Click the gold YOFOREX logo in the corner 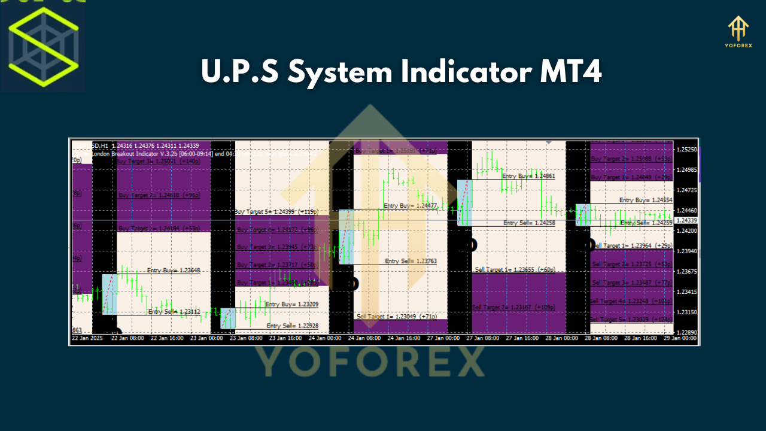click(x=738, y=33)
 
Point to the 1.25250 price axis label click(x=686, y=149)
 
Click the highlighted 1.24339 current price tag click(x=686, y=220)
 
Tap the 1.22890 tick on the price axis click(x=686, y=332)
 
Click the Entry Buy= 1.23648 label click(x=174, y=271)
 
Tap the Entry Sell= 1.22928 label click(x=293, y=326)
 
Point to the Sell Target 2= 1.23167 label click(x=513, y=307)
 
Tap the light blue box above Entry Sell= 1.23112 click(x=110, y=293)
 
